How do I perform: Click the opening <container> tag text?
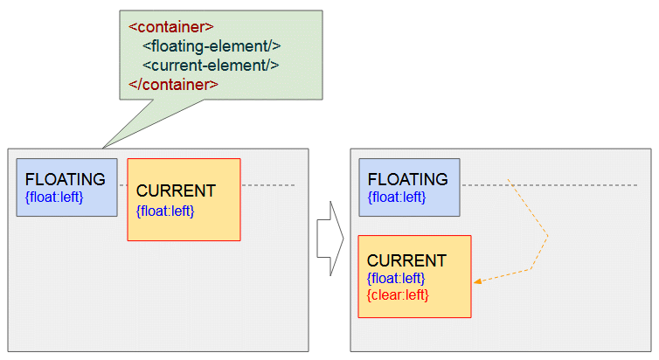pyautogui.click(x=171, y=27)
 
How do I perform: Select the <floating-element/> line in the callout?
pyautogui.click(x=212, y=46)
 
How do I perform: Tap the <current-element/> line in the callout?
pyautogui.click(x=211, y=66)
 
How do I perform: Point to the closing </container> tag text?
pyautogui.click(x=173, y=85)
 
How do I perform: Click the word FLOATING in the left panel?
pyautogui.click(x=66, y=179)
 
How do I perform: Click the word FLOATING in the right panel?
pyautogui.click(x=407, y=179)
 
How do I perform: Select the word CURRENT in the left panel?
pyautogui.click(x=176, y=190)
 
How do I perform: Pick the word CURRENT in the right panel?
pyautogui.click(x=406, y=260)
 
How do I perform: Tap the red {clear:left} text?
pyautogui.click(x=398, y=294)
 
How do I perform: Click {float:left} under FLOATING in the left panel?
pyautogui.click(x=54, y=197)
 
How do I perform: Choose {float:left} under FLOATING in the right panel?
pyautogui.click(x=397, y=197)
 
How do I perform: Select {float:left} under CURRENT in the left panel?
pyautogui.click(x=165, y=211)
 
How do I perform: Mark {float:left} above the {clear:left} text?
pyautogui.click(x=396, y=278)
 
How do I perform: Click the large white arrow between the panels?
pyautogui.click(x=330, y=239)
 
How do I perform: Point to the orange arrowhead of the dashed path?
pyautogui.click(x=477, y=281)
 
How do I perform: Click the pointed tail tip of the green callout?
pyautogui.click(x=102, y=148)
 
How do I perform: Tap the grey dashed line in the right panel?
pyautogui.click(x=549, y=185)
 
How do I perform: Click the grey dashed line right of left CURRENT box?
pyautogui.click(x=268, y=185)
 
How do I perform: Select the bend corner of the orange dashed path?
pyautogui.click(x=548, y=236)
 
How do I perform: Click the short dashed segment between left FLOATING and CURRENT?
pyautogui.click(x=122, y=185)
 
